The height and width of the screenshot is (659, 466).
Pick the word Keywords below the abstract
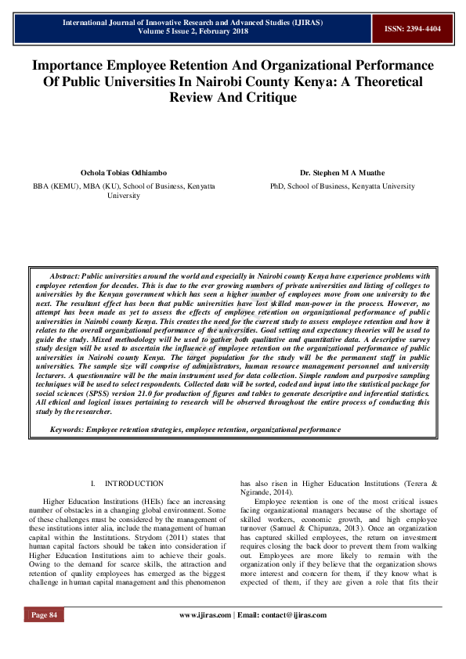point(67,429)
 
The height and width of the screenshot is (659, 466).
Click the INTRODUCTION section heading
point(134,484)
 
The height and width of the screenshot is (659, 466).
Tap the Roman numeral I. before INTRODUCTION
point(93,484)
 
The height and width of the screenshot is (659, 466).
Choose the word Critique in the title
point(267,98)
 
